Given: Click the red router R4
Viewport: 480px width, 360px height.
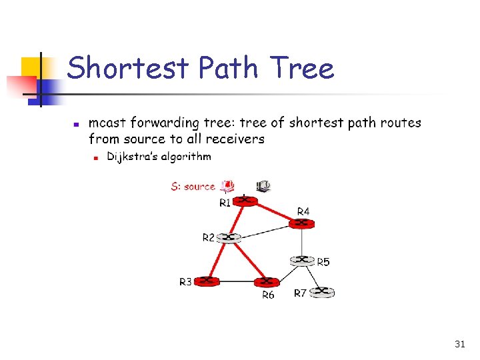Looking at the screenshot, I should [302, 223].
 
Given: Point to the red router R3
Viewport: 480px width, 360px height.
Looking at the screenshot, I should [207, 281].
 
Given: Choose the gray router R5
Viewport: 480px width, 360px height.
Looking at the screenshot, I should [302, 260].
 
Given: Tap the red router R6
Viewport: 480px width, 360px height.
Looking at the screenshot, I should [266, 283].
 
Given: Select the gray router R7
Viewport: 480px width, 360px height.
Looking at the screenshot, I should [323, 291].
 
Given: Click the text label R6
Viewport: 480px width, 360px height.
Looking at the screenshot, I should [267, 295].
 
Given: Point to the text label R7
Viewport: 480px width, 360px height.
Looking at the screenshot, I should [301, 293].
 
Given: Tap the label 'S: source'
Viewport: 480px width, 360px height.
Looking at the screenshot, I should [193, 187].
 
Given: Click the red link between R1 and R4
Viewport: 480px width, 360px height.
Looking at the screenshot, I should [274, 211].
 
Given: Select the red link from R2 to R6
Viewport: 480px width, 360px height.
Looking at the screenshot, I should [249, 261].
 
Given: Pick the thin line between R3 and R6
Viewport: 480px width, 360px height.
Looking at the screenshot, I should [237, 283].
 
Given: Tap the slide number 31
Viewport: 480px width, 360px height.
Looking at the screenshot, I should [459, 344].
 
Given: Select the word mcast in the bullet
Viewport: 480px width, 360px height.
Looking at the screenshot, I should [107, 123].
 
